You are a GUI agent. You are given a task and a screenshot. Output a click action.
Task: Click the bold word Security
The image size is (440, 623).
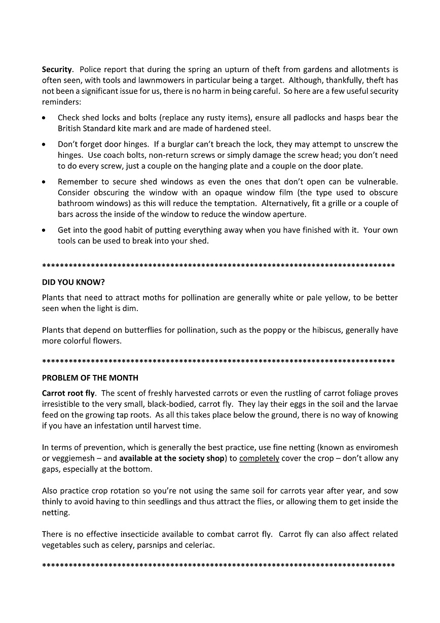click(57, 70)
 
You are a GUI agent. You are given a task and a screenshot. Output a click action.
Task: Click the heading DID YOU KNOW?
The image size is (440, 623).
click(73, 282)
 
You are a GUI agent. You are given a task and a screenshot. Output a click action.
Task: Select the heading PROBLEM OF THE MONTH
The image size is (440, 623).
click(90, 378)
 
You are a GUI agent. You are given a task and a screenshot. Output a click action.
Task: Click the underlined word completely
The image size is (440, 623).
click(259, 458)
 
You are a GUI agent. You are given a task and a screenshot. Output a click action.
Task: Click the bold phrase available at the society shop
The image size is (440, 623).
click(171, 458)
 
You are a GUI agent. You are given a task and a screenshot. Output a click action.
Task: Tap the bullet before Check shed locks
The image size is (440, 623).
click(45, 118)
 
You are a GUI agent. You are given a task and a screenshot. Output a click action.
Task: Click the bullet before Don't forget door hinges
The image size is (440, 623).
click(45, 145)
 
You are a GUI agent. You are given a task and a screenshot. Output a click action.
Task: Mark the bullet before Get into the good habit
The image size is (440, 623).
click(45, 230)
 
